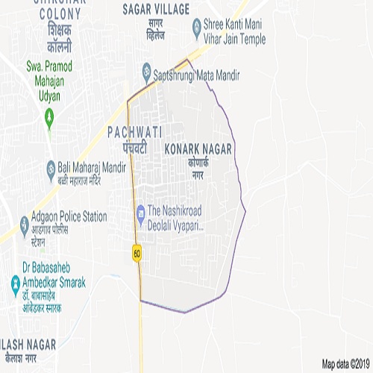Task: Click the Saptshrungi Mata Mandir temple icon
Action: tap(147, 72)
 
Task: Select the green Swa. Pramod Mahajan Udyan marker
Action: tap(50, 116)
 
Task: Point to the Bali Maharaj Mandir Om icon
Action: tap(51, 166)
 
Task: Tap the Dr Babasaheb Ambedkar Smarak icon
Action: tap(15, 283)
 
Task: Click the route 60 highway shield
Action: tap(137, 253)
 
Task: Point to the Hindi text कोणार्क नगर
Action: tap(198, 167)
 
